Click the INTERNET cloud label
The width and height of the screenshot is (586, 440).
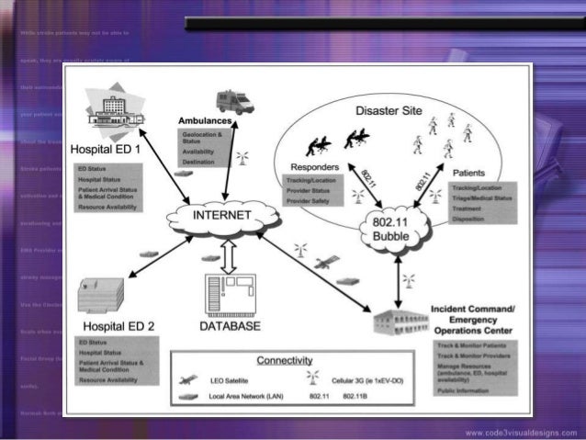(220, 216)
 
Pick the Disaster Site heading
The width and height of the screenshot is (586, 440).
(389, 110)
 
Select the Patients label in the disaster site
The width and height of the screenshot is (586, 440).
(469, 172)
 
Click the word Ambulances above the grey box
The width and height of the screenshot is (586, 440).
(201, 122)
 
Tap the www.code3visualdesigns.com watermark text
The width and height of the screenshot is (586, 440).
(520, 432)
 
